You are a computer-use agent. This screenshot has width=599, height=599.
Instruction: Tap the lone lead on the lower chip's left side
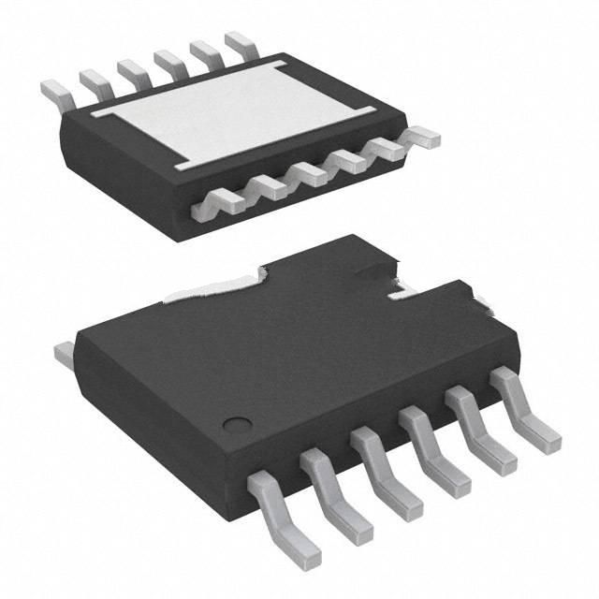pos(64,354)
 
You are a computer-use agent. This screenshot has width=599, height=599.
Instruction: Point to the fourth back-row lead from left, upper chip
pos(168,62)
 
